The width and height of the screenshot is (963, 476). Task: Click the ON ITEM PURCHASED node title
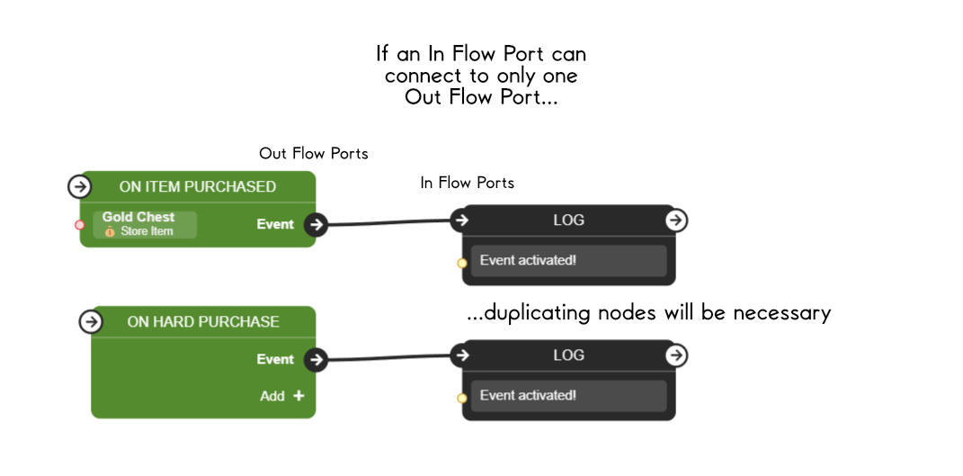(197, 186)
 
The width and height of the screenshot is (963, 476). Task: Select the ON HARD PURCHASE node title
(202, 321)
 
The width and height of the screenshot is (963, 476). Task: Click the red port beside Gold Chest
(79, 224)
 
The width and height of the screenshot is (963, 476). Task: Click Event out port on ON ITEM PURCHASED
(315, 224)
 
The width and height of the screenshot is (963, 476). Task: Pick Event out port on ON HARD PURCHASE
(315, 359)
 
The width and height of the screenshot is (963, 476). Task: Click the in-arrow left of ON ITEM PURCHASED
(79, 186)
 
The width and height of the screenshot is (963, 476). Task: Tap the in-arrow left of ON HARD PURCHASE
(90, 321)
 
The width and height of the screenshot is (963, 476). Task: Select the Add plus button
(299, 396)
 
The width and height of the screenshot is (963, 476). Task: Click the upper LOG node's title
(568, 220)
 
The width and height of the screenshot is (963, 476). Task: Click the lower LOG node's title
(568, 355)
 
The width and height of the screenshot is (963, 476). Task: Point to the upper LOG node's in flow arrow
(461, 220)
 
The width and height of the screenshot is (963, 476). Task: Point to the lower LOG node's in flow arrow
(461, 355)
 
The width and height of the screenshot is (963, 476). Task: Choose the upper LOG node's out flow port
(676, 220)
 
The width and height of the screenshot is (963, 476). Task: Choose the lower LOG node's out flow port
(676, 355)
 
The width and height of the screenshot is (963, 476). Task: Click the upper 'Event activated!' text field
(568, 261)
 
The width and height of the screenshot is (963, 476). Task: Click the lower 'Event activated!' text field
(568, 396)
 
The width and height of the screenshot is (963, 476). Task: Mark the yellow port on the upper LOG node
(462, 263)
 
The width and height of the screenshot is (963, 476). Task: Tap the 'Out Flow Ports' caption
(314, 154)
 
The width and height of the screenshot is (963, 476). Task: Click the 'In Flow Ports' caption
(467, 183)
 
